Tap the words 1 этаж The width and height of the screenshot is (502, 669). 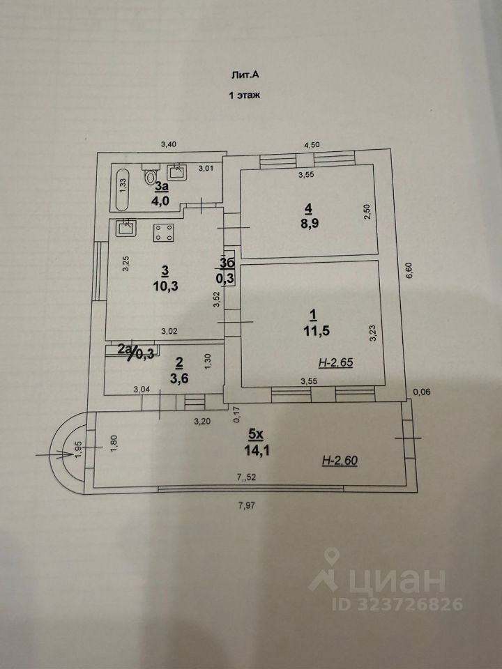coord(245,96)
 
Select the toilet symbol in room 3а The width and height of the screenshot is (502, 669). coord(150,176)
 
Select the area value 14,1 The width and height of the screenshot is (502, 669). coord(256,449)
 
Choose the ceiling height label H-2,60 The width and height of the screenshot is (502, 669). coord(340,461)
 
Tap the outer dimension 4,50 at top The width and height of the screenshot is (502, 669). coord(311,145)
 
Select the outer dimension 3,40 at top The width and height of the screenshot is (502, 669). coord(169,144)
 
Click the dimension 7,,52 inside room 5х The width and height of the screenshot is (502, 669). coord(246,477)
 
